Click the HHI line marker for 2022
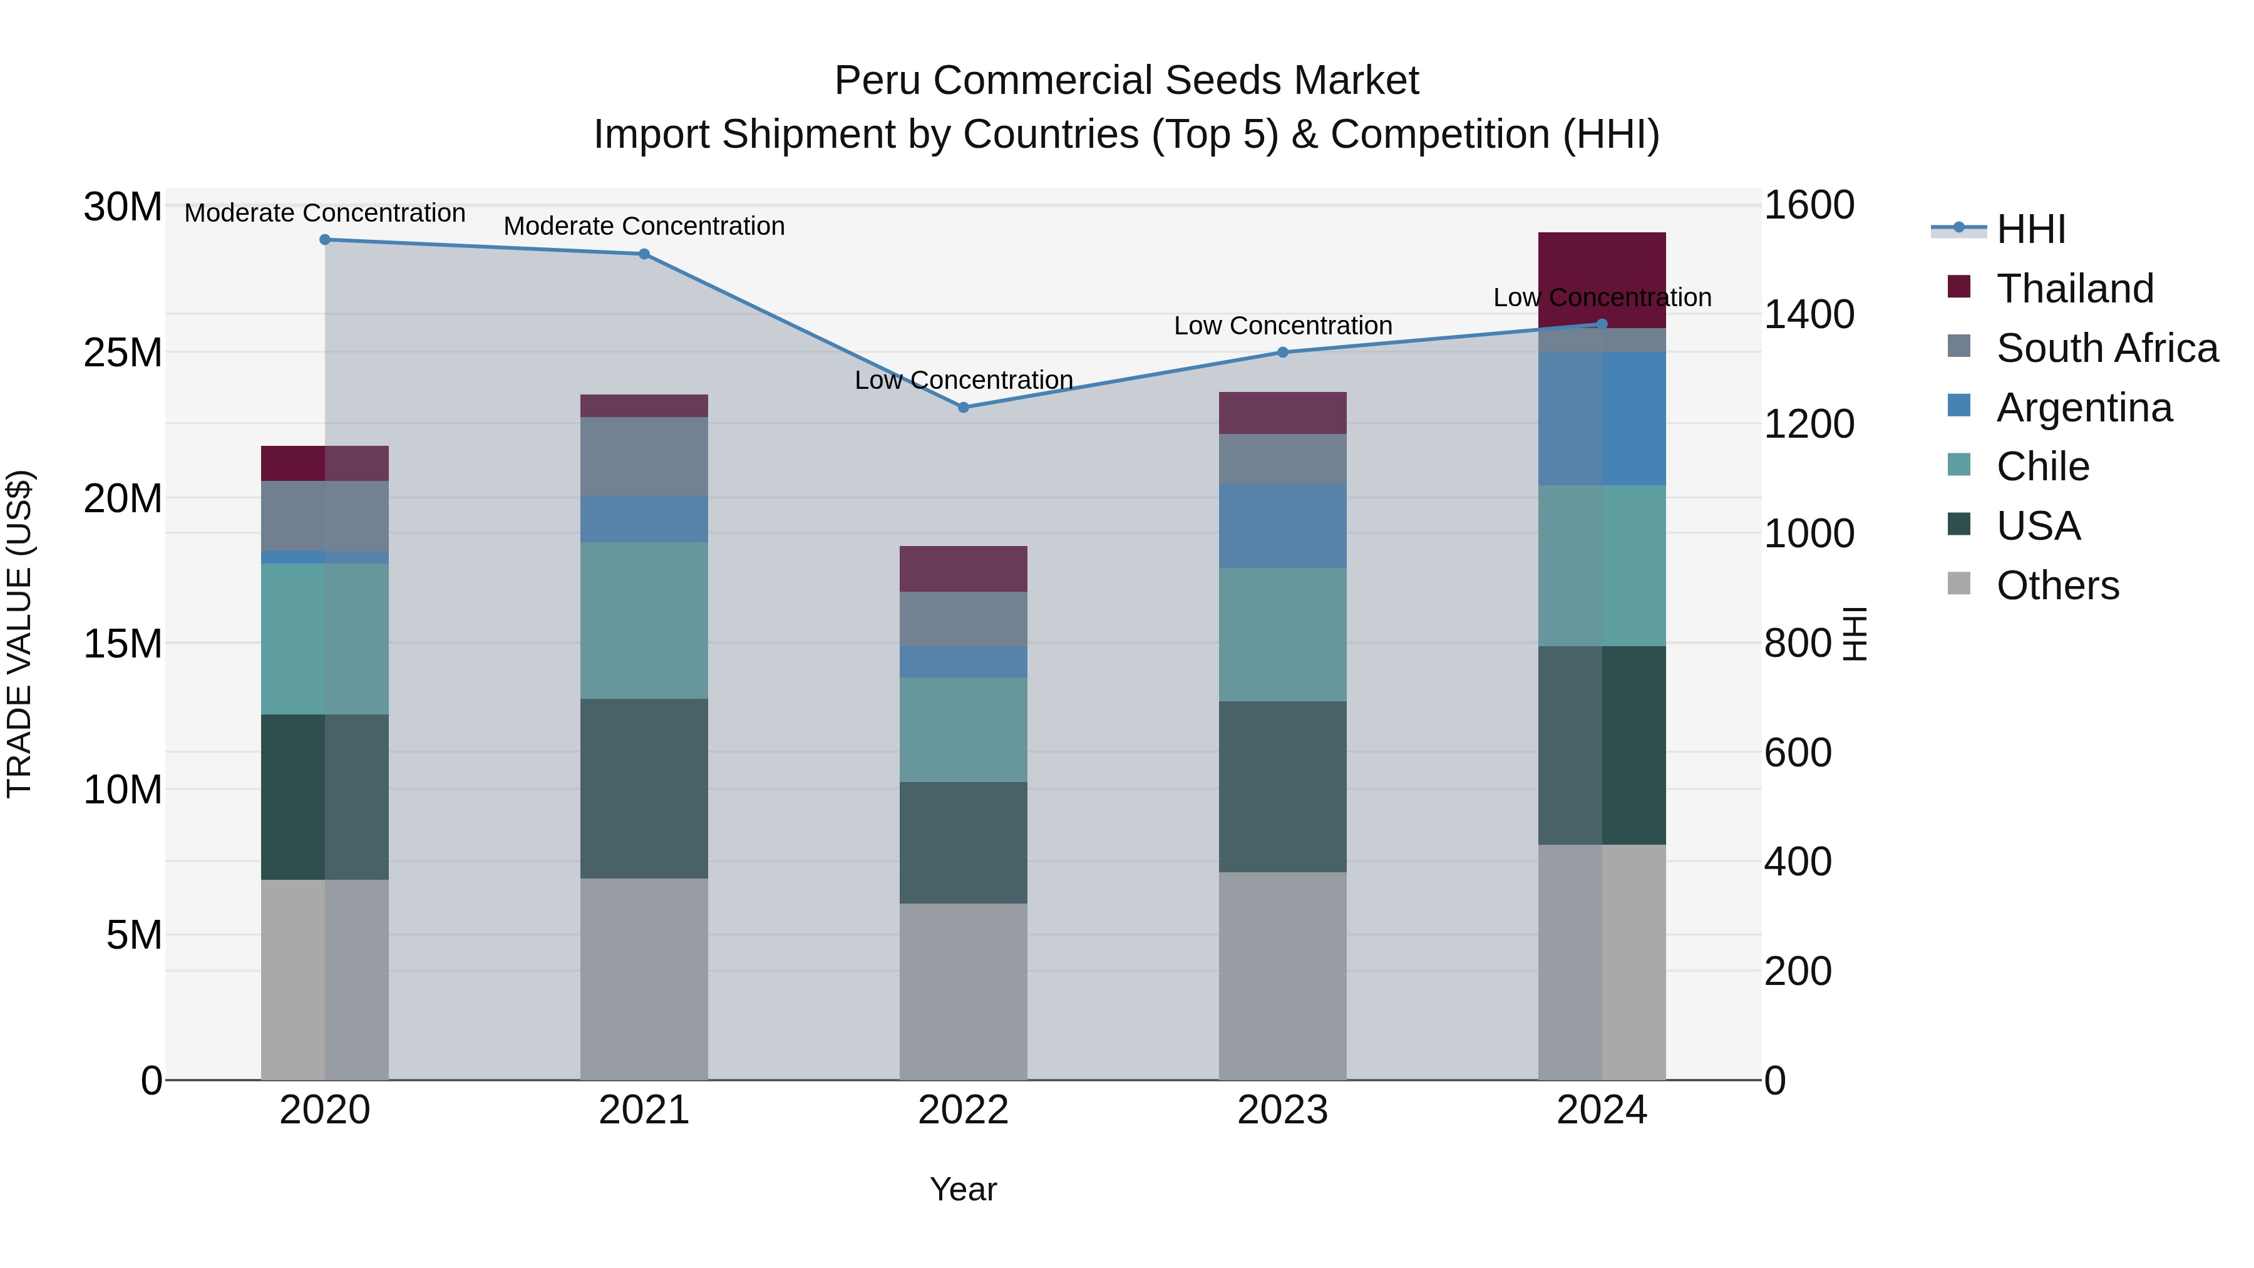pos(964,407)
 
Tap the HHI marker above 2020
pos(324,240)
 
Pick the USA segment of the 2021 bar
pos(644,788)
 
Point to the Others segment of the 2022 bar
pos(964,991)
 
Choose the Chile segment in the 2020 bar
pos(324,639)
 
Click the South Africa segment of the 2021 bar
pos(644,456)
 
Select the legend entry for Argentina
pos(2083,408)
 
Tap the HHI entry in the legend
pos(2030,229)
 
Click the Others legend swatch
pos(1959,584)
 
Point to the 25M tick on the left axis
pos(123,353)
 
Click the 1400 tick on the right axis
pos(1808,314)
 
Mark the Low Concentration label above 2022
pos(964,380)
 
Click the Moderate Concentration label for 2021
pos(644,226)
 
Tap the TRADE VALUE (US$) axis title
pos(19,634)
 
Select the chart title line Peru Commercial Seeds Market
pos(1126,81)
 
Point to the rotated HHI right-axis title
pos(1854,634)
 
